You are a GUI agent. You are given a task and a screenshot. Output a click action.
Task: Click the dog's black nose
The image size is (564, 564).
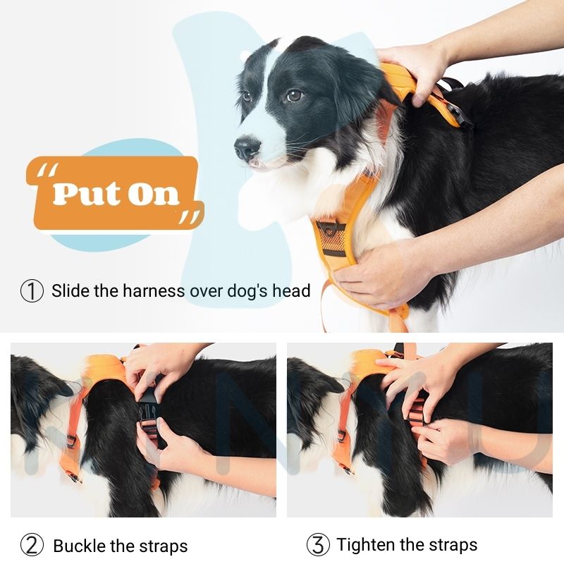247,147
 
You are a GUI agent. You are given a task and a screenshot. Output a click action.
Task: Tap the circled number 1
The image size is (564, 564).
32,291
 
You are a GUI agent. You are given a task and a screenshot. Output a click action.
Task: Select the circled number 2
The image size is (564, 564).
32,546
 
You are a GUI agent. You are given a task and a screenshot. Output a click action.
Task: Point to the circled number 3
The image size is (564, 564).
318,544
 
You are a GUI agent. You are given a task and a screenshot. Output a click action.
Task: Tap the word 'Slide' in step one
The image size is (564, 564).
70,290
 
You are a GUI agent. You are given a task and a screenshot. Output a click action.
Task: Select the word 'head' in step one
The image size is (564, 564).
291,290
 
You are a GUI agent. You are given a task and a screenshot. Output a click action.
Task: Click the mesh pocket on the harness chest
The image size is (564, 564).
331,239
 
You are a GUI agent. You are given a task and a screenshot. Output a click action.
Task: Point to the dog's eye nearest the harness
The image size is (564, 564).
295,95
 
